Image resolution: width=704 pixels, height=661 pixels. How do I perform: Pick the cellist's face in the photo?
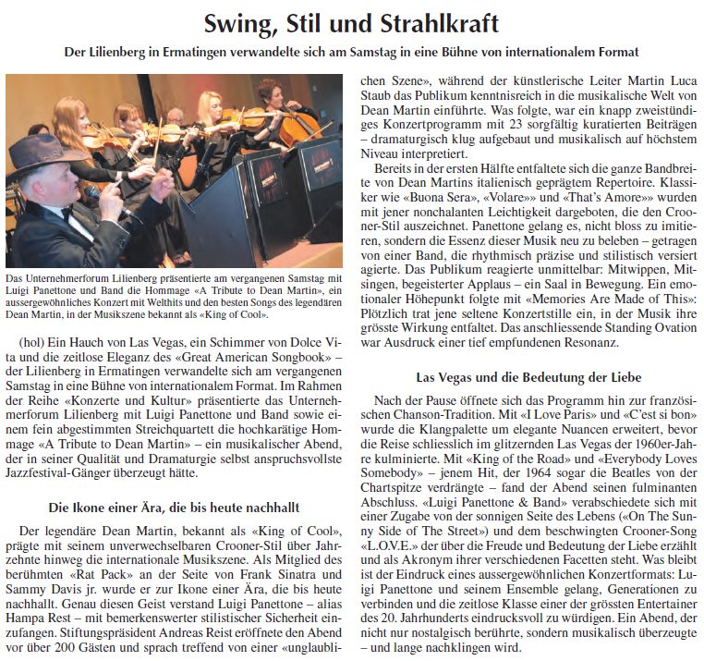coord(276,93)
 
